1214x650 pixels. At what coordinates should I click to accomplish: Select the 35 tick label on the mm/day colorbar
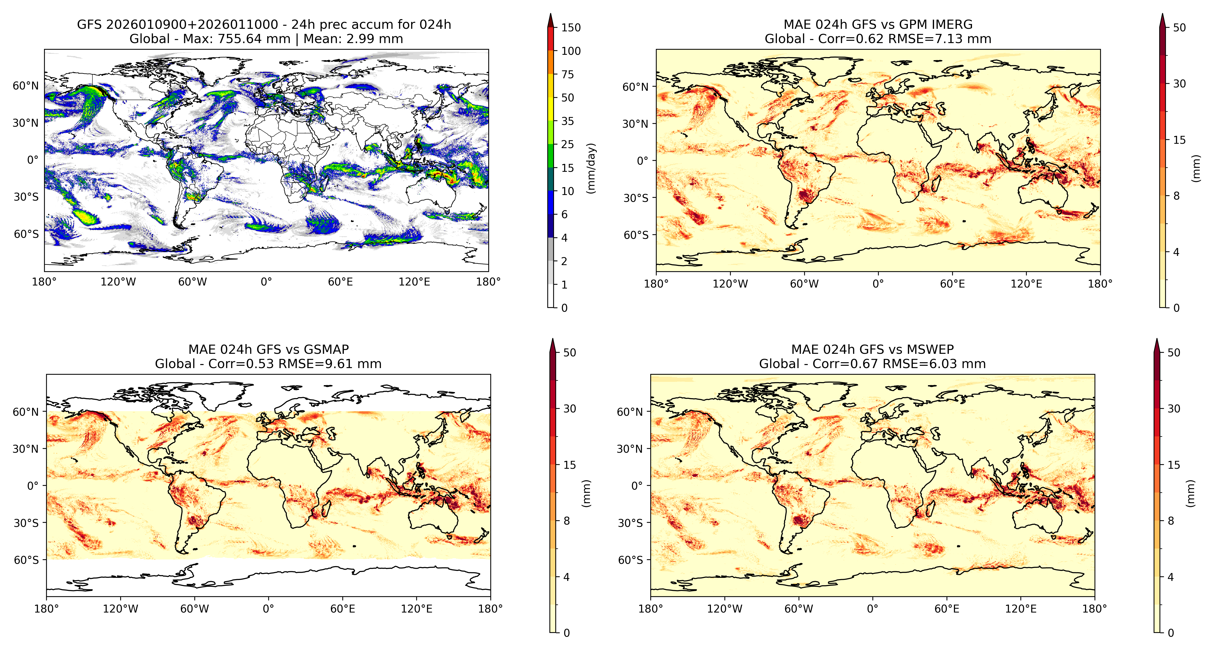[568, 121]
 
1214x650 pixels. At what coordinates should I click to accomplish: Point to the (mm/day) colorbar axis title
[591, 168]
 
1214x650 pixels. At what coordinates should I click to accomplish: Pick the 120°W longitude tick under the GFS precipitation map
[118, 282]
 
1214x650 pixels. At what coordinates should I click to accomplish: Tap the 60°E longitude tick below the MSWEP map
[947, 609]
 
